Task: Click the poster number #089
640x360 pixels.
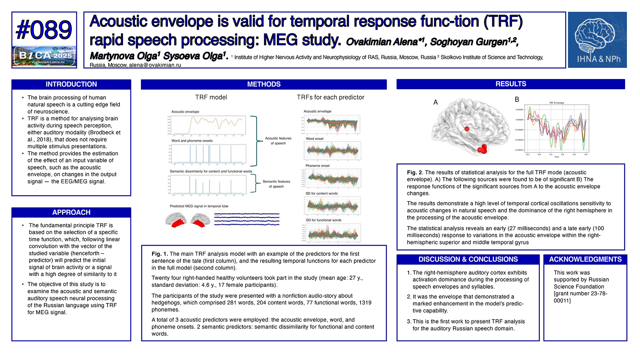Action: tap(44, 30)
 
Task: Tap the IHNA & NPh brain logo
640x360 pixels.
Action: tap(597, 40)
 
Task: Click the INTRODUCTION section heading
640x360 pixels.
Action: tap(71, 84)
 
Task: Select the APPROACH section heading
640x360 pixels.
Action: tap(71, 212)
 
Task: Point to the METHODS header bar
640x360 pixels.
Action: tap(264, 84)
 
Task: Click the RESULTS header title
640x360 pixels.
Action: tap(511, 84)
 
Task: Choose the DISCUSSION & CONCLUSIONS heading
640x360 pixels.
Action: tap(468, 259)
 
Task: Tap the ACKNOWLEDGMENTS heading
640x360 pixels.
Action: tap(585, 259)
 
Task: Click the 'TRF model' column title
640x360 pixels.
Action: tap(211, 97)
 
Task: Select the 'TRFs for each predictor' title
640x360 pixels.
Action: tap(330, 97)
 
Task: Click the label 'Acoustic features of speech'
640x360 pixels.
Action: tap(278, 141)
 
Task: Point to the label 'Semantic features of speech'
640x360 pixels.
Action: tap(276, 184)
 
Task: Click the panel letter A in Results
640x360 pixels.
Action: tap(435, 102)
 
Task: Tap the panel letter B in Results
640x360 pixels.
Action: tap(517, 99)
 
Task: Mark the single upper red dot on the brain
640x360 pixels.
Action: tap(467, 129)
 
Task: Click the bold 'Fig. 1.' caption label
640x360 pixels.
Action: tap(160, 254)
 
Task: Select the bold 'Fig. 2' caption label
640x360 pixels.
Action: tap(415, 173)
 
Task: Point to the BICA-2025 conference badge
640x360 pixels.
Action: tap(44, 56)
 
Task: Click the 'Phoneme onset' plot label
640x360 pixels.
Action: tap(317, 166)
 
